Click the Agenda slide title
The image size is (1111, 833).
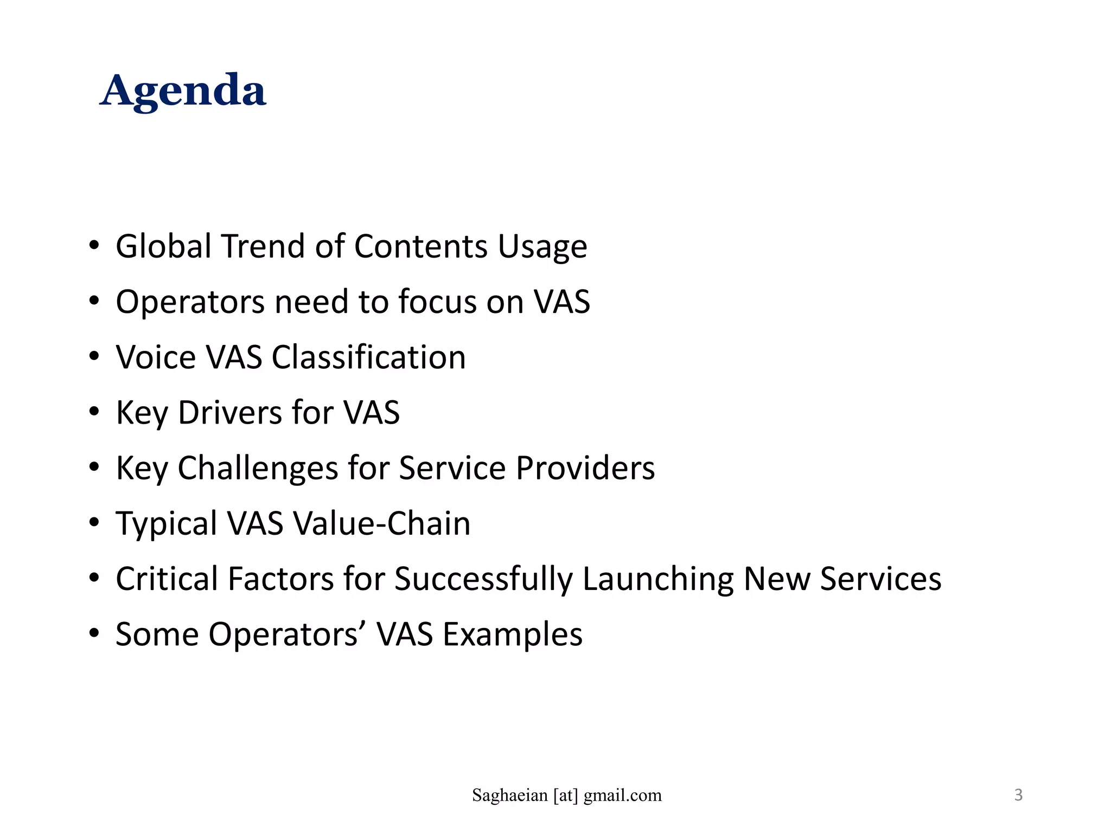pyautogui.click(x=183, y=91)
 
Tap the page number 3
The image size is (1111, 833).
pyautogui.click(x=1018, y=795)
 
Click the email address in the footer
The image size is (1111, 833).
pyautogui.click(x=566, y=796)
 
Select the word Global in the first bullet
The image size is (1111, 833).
pyautogui.click(x=163, y=246)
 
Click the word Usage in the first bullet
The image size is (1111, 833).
pyautogui.click(x=542, y=247)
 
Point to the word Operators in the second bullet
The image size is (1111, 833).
pyautogui.click(x=190, y=303)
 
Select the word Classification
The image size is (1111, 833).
pyautogui.click(x=368, y=357)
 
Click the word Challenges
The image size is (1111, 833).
pyautogui.click(x=258, y=468)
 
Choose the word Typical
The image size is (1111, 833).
pyautogui.click(x=167, y=524)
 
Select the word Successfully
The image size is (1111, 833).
pyautogui.click(x=483, y=580)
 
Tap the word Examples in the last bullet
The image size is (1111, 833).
pyautogui.click(x=513, y=635)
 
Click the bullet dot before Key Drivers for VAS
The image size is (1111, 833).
pyautogui.click(x=94, y=412)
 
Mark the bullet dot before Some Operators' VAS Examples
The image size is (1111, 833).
pyautogui.click(x=94, y=633)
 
